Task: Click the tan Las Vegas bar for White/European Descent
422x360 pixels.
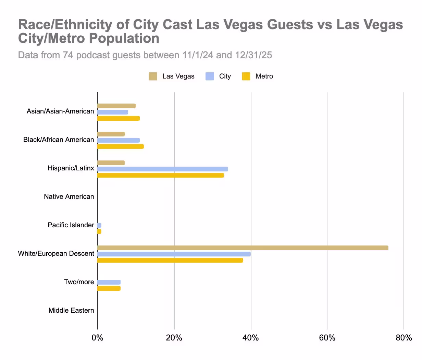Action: (x=243, y=248)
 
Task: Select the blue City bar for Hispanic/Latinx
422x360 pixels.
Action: (x=163, y=169)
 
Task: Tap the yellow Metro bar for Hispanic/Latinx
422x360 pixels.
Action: (x=161, y=175)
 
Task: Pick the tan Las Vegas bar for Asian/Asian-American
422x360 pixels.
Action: (x=116, y=106)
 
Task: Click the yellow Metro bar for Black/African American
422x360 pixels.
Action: (x=121, y=146)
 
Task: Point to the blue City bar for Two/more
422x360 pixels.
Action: (x=109, y=282)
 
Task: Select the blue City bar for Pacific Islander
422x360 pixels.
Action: (x=99, y=225)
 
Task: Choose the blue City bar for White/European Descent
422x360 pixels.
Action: (x=174, y=254)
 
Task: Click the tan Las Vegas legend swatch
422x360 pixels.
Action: (x=153, y=76)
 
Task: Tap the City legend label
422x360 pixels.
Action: (x=225, y=76)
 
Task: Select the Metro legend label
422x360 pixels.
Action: (x=264, y=76)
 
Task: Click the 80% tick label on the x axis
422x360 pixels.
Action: (x=404, y=338)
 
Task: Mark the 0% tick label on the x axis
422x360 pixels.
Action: (x=98, y=338)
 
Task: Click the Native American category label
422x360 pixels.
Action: (x=69, y=197)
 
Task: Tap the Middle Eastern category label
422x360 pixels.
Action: (x=71, y=311)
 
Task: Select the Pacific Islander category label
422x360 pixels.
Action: (x=71, y=225)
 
